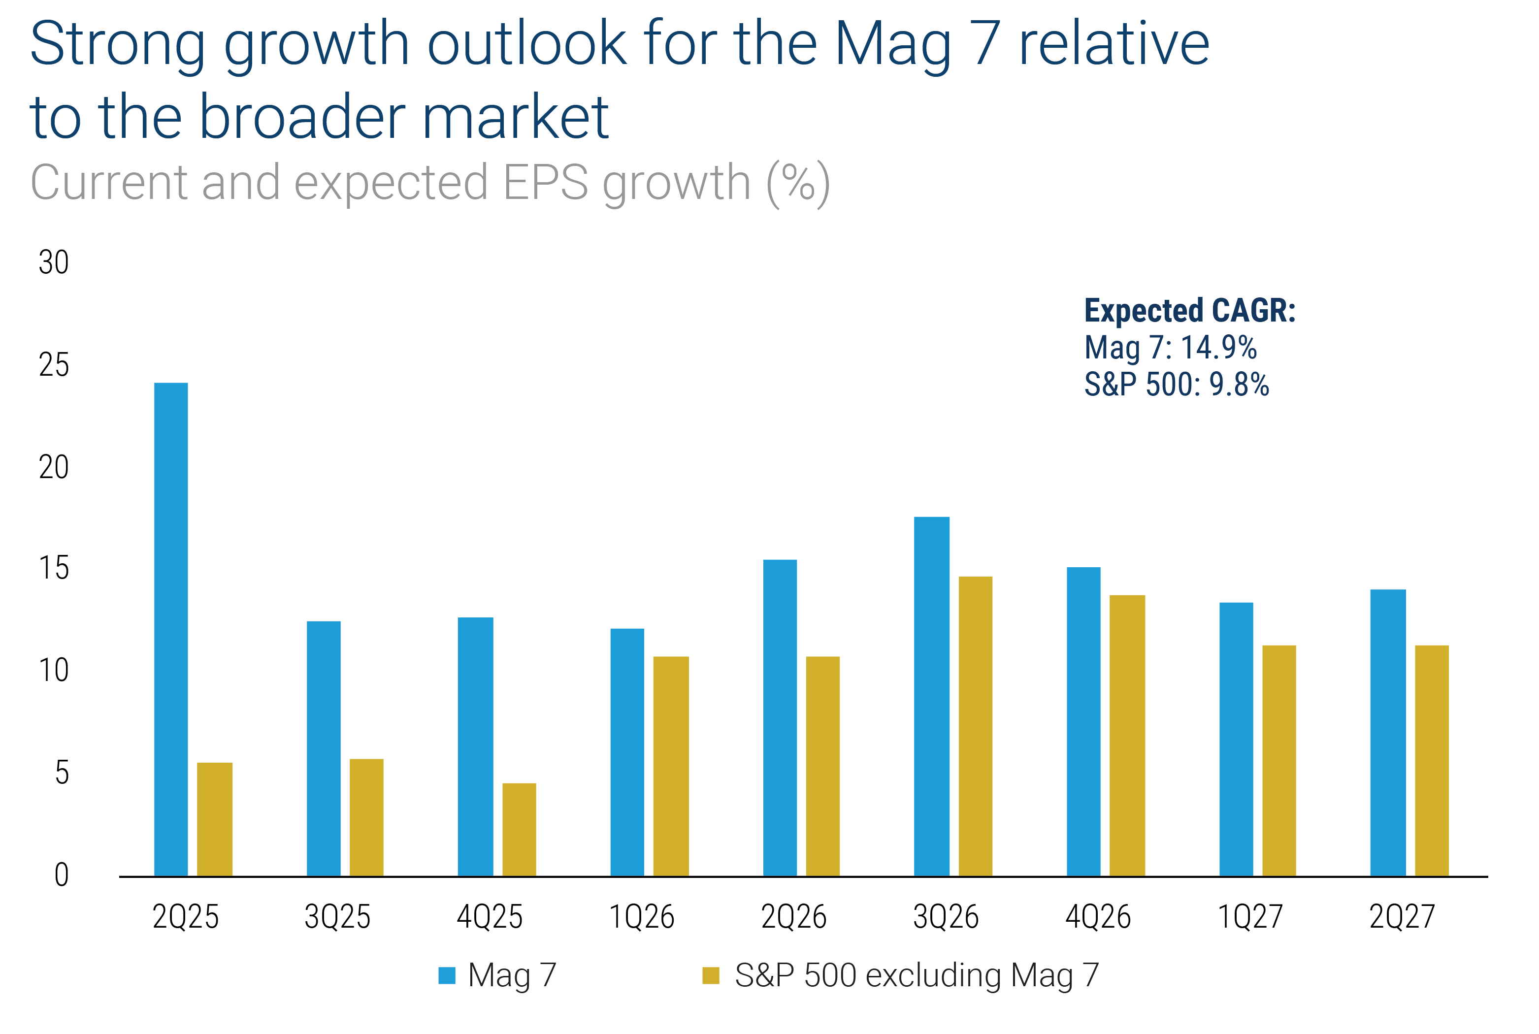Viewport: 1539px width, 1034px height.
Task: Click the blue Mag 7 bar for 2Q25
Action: (x=171, y=629)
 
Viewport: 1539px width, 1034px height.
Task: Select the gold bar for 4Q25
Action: (x=519, y=830)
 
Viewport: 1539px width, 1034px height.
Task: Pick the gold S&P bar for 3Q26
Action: (x=975, y=726)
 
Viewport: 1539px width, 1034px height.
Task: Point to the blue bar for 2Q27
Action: (x=1388, y=733)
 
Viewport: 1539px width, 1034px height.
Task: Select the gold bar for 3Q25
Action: (x=366, y=818)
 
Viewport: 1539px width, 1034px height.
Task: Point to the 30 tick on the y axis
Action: (x=53, y=262)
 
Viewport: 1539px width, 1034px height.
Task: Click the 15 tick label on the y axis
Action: (x=53, y=568)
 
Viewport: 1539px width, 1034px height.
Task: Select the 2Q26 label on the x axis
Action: (x=794, y=917)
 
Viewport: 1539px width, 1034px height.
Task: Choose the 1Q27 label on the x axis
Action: (x=1250, y=917)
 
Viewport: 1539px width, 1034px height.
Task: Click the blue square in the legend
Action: (x=447, y=975)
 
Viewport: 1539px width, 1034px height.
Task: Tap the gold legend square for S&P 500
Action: (x=711, y=975)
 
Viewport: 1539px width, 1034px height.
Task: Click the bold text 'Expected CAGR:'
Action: (x=1190, y=311)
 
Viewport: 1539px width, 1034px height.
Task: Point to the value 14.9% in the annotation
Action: (x=1218, y=348)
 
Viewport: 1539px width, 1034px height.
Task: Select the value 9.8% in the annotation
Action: (x=1240, y=385)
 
